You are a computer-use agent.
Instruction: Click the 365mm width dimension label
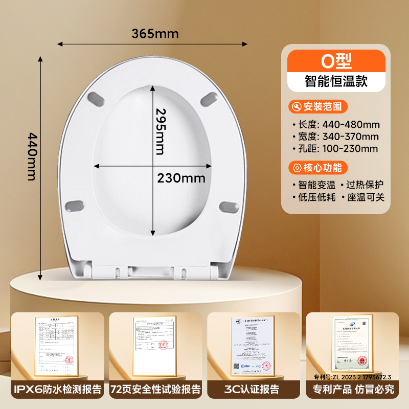(x=155, y=34)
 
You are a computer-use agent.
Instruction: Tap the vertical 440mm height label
(x=31, y=156)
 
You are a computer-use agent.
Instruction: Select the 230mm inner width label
(x=181, y=178)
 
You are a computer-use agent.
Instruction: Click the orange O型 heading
(x=335, y=61)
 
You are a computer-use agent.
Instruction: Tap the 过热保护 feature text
(x=365, y=185)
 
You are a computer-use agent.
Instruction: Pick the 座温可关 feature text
(x=365, y=197)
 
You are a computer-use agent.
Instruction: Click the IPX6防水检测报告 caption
(x=55, y=390)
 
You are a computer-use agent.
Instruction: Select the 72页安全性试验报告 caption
(x=155, y=390)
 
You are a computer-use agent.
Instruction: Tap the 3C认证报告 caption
(x=254, y=390)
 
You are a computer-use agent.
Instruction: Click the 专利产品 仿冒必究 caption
(x=353, y=390)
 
